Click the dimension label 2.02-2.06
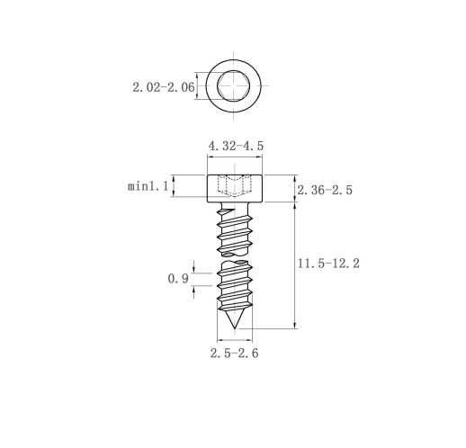(164, 87)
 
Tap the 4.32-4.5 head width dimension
(236, 146)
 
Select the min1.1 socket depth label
(148, 186)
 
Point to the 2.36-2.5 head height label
(325, 190)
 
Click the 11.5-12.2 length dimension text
(328, 264)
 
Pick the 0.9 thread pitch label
(178, 279)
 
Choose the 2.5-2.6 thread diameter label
(234, 354)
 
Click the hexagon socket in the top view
(234, 85)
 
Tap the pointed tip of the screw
(234, 328)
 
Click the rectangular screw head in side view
(235, 188)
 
